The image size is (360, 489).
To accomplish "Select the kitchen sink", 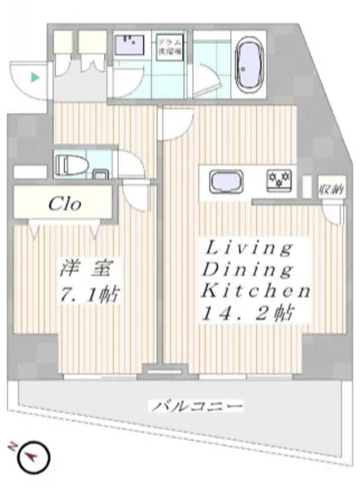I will coord(225,180).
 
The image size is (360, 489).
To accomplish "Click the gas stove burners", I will coord(281,181).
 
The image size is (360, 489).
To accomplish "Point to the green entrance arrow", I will coord(35,78).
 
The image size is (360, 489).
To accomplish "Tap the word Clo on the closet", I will coord(65,204).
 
